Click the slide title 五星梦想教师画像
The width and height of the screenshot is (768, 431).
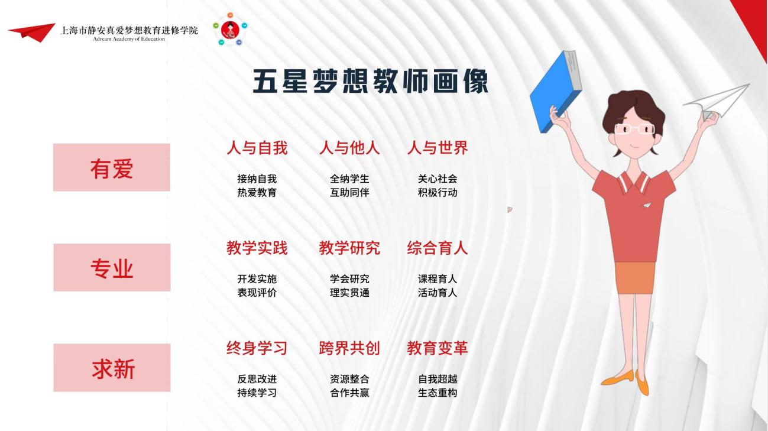click(370, 81)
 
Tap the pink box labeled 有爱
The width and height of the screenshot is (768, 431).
click(112, 167)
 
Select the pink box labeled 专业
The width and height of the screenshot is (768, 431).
click(112, 267)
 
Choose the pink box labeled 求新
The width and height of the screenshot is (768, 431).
click(112, 368)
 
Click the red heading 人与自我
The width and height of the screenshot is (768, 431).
click(257, 148)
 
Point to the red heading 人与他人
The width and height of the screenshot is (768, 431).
click(349, 148)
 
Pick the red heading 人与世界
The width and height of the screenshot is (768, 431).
click(438, 148)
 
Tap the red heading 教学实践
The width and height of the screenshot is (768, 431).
click(257, 248)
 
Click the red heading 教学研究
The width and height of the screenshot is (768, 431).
click(349, 248)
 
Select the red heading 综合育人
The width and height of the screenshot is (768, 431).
click(438, 248)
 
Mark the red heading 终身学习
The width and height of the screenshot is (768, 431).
click(257, 348)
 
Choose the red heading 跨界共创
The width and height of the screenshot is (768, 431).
click(349, 348)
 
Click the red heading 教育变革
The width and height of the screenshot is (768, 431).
click(438, 348)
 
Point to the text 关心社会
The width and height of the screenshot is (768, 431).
click(438, 179)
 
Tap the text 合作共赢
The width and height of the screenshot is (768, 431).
click(349, 393)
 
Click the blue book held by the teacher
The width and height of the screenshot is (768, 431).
click(555, 91)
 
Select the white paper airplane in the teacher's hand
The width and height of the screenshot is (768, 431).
click(717, 101)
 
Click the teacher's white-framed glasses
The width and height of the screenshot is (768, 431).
click(634, 129)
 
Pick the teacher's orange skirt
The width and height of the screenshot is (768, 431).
click(634, 278)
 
